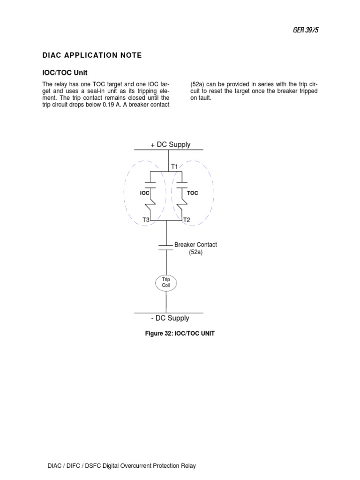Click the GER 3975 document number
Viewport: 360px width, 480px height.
coord(305,30)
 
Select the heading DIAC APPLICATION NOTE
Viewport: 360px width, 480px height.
coord(92,55)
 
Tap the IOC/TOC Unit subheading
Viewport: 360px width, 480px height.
coord(65,73)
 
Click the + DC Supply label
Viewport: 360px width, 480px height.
coord(171,144)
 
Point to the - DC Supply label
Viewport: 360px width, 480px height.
coord(170,318)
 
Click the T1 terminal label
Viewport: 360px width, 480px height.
coord(174,166)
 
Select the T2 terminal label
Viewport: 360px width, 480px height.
coord(187,219)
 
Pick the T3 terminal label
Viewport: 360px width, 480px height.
coord(146,219)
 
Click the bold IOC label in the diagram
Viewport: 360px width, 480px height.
coord(144,193)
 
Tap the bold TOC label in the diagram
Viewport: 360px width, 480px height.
coord(193,193)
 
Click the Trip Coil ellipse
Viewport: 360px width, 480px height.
coord(166,282)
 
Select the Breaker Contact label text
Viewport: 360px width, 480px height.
coord(195,245)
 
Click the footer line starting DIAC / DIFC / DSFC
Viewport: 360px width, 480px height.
coord(122,466)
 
